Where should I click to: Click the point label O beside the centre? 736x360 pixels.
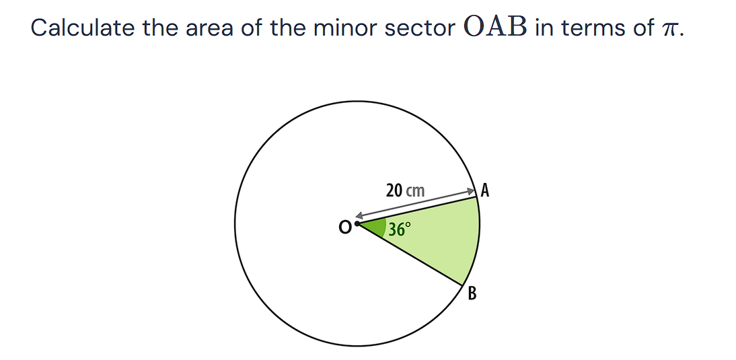tap(344, 228)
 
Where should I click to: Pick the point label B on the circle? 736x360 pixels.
tap(472, 293)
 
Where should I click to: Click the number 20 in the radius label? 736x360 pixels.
tap(394, 190)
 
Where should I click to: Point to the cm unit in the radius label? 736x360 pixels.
tap(416, 191)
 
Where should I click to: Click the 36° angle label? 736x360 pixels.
tap(398, 229)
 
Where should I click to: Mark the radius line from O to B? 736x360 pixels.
tap(410, 254)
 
